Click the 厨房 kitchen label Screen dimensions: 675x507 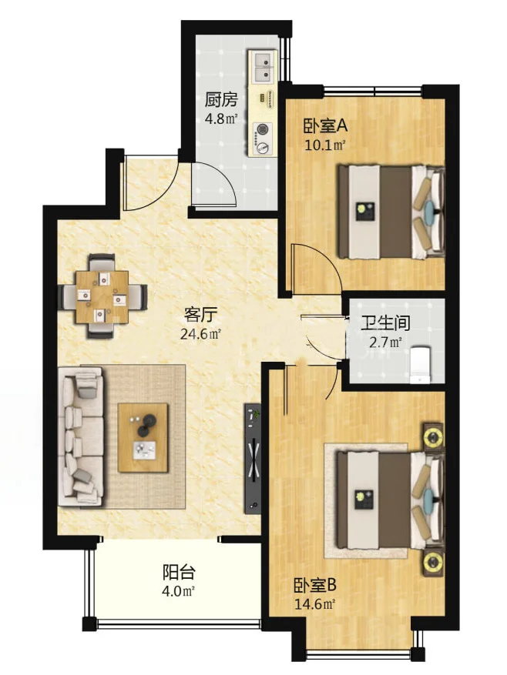click(220, 100)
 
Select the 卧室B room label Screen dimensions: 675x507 click(315, 586)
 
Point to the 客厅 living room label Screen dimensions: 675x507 click(199, 315)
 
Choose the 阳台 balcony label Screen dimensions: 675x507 click(178, 573)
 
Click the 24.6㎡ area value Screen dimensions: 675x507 click(201, 334)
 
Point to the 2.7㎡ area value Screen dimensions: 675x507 click(384, 343)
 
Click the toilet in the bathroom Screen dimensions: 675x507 click(420, 363)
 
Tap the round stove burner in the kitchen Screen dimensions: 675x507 click(264, 130)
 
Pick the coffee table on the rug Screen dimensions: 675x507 click(143, 436)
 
